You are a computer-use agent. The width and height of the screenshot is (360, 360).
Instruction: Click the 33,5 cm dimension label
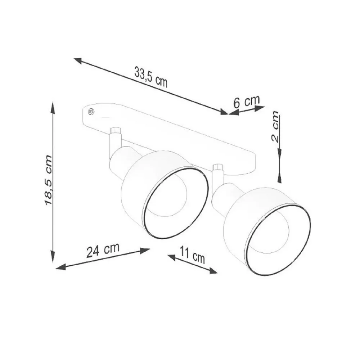point(151,77)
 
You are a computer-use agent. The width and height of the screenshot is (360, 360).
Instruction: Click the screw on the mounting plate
point(90,112)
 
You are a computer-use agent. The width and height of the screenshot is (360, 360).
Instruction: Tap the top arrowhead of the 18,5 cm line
point(53,108)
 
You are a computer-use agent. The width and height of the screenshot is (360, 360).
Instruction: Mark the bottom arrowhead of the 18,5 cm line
point(53,256)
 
